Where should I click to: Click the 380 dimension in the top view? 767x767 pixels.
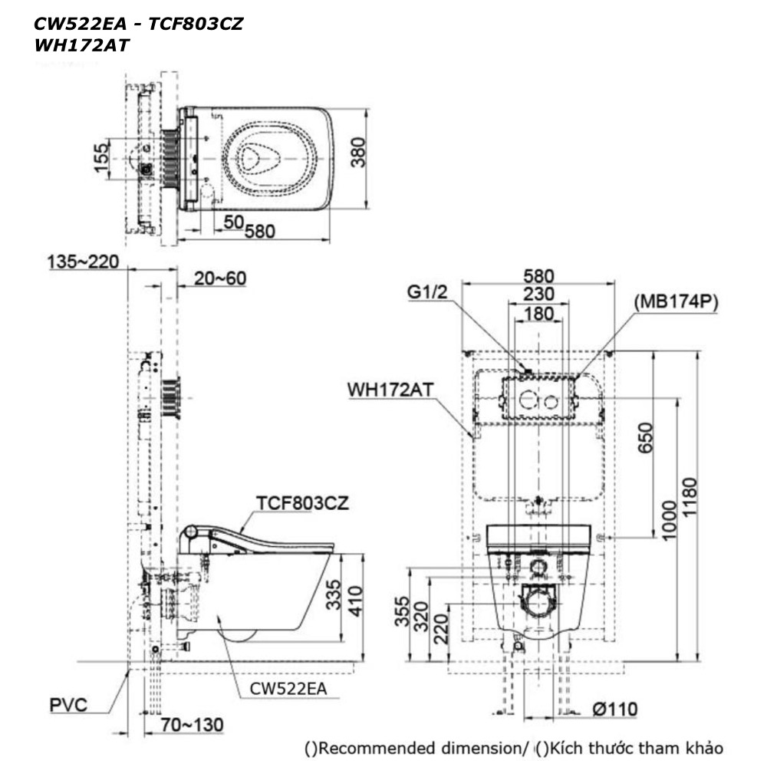click(358, 152)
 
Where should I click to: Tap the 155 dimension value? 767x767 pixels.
click(100, 158)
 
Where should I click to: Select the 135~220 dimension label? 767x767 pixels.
click(83, 262)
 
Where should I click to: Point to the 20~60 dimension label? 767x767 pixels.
click(220, 278)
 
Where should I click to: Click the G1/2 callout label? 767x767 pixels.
click(427, 292)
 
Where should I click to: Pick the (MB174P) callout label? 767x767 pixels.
click(676, 302)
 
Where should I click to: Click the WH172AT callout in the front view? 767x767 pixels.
click(390, 390)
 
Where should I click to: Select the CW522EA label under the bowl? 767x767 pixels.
click(288, 689)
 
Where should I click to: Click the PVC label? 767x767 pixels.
click(68, 705)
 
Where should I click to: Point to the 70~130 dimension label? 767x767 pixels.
click(193, 725)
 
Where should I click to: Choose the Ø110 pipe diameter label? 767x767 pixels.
click(615, 709)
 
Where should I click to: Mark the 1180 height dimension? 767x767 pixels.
click(689, 497)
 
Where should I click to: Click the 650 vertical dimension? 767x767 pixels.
click(645, 438)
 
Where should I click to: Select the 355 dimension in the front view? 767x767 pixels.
click(402, 611)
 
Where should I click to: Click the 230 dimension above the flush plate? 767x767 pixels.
click(538, 294)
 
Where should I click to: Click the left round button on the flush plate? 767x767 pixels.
click(528, 401)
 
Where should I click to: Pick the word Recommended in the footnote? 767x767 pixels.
click(372, 749)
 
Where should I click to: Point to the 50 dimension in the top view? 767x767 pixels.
click(233, 222)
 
